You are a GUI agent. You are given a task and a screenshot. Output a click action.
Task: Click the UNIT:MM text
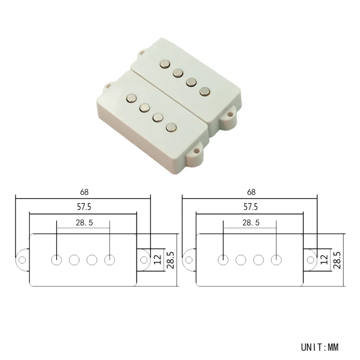[x=319, y=347]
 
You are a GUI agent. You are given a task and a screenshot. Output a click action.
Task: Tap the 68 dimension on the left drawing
[x=84, y=192]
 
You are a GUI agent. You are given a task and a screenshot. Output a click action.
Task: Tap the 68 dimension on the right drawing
[x=251, y=192]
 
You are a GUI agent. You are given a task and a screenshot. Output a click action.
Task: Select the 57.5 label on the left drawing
[x=84, y=207]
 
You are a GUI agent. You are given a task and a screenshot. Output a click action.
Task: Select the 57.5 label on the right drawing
[x=251, y=207]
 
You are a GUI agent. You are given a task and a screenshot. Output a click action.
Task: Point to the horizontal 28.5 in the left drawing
[x=84, y=223]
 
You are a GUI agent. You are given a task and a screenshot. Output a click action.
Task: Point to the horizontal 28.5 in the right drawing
[x=251, y=223]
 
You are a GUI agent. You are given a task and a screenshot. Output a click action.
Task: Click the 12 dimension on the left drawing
[x=158, y=260]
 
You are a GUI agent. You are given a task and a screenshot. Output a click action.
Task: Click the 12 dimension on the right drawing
[x=324, y=260]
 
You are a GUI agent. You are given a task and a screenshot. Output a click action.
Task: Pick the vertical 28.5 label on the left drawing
[x=171, y=260]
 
